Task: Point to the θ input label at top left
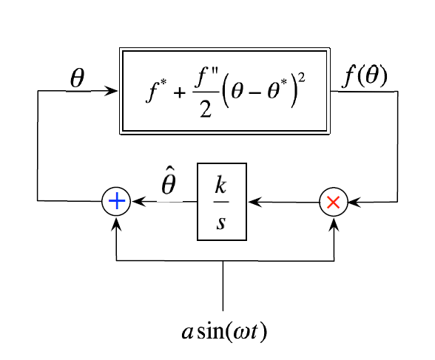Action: pos(75,78)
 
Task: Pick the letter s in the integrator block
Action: pos(221,220)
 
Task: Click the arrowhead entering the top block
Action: pos(114,91)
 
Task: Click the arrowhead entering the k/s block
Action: pos(252,201)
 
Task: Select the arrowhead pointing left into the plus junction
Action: pos(136,201)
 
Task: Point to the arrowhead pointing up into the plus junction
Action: pos(116,220)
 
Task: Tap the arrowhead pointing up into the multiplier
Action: pos(334,220)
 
